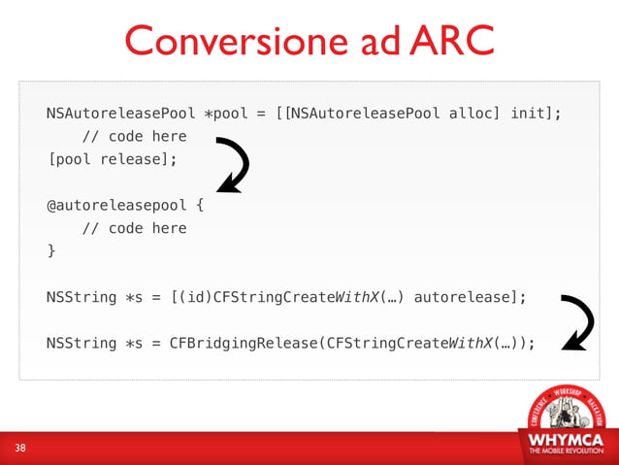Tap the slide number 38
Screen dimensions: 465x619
pyautogui.click(x=20, y=448)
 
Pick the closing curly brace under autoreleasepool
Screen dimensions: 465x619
pyautogui.click(x=51, y=251)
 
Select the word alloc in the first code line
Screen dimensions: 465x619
pyautogui.click(x=473, y=114)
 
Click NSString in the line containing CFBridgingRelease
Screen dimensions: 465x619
pyautogui.click(x=81, y=342)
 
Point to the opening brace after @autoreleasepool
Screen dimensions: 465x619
pyautogui.click(x=200, y=206)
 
